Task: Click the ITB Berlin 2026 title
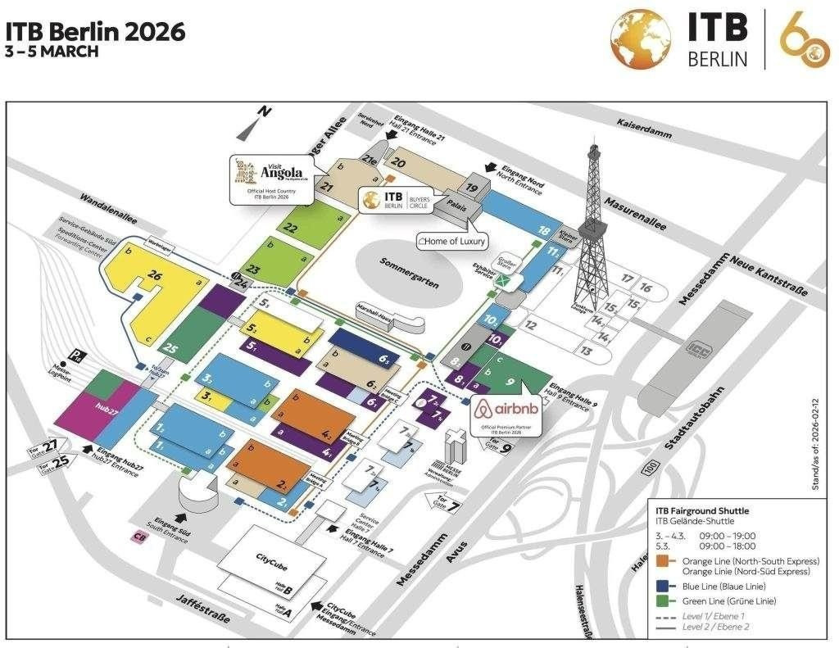pyautogui.click(x=95, y=32)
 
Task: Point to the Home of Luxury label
pyautogui.click(x=451, y=241)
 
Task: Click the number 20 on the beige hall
pyautogui.click(x=399, y=162)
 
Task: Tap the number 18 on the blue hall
pyautogui.click(x=542, y=231)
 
